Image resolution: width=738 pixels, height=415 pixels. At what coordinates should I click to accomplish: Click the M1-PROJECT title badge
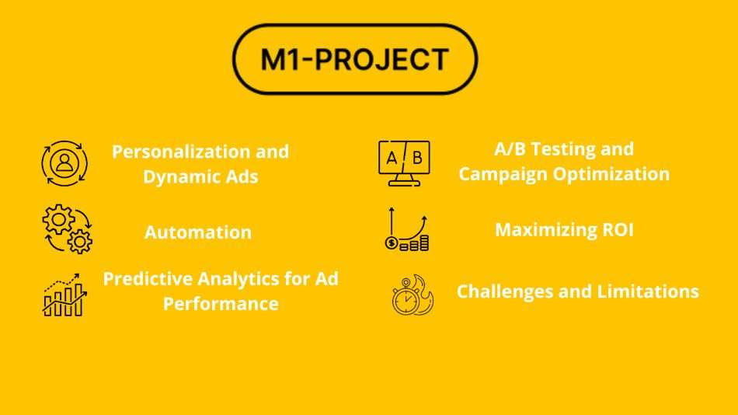coord(355,59)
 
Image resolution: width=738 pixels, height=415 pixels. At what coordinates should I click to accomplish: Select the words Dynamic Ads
coord(200,176)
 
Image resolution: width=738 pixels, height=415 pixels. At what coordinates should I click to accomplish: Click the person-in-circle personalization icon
coord(64,163)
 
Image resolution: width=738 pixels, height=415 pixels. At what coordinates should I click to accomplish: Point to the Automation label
coord(198,232)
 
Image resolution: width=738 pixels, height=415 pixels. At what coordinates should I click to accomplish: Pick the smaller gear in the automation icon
coord(79,242)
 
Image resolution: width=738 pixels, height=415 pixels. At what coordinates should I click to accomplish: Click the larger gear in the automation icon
coord(58,219)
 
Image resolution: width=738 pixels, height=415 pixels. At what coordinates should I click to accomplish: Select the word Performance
coord(221,303)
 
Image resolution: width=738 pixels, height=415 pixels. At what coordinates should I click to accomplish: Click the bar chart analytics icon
coord(64,295)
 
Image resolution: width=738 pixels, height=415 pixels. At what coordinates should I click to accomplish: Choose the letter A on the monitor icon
coord(391,159)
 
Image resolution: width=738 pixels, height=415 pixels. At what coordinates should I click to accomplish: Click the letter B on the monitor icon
coord(417,158)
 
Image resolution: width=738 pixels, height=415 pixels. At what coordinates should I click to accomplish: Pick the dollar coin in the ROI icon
coord(392,243)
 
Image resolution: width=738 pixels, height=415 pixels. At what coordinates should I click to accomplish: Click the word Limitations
coord(648,291)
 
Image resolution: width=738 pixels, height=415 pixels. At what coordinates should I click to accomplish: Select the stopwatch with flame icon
coord(413,295)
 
